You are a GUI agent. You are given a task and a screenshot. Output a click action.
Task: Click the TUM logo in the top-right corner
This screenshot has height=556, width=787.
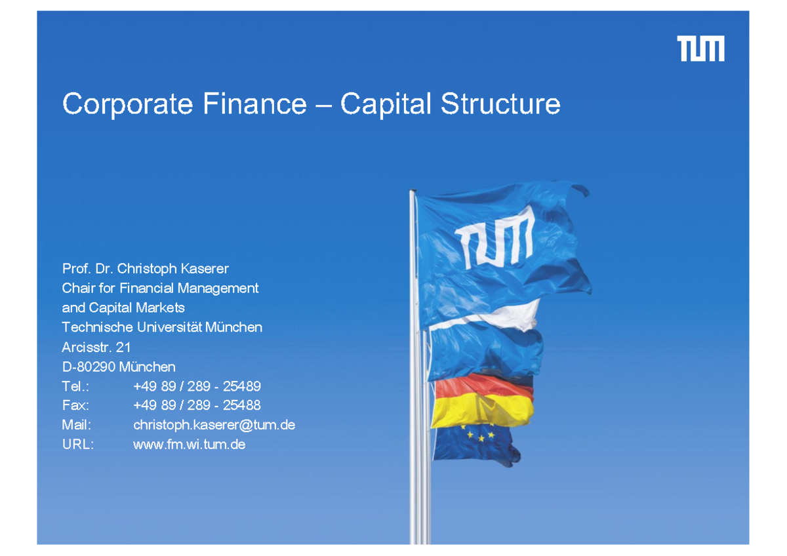point(700,49)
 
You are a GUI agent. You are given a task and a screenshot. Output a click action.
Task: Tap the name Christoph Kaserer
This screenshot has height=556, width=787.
point(172,268)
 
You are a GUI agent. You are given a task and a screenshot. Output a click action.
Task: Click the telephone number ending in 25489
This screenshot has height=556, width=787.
point(197,386)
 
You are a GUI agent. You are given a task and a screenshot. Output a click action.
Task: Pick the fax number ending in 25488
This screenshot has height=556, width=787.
point(197,405)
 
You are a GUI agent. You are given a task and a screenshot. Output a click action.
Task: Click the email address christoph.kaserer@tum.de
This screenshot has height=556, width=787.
point(214,425)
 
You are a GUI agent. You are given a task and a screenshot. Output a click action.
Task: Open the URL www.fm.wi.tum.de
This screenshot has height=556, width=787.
point(189,445)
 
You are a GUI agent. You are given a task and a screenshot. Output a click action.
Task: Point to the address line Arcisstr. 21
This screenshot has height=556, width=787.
point(96,347)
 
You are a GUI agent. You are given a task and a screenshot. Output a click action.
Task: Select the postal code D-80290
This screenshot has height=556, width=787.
point(89,367)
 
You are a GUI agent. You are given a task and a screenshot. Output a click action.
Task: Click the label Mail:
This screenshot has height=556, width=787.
point(76,425)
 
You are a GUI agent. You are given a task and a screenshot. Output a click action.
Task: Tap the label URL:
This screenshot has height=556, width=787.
point(78,445)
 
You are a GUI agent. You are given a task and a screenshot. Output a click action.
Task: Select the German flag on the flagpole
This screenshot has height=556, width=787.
point(483,400)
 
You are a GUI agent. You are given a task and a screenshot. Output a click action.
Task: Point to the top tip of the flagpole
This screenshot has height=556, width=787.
point(413,192)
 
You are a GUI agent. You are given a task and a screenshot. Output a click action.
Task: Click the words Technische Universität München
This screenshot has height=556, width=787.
point(162,327)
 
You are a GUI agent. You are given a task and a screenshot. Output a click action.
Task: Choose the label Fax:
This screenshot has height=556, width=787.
point(75,405)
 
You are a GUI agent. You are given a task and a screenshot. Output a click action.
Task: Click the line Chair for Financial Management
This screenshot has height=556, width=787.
point(160,288)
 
